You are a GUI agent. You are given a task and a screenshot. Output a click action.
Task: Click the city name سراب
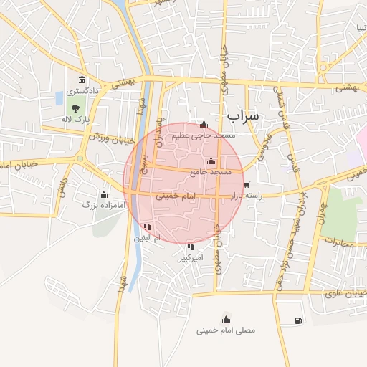[x=244, y=115]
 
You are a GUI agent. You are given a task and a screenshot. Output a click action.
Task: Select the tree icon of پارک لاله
[x=76, y=108]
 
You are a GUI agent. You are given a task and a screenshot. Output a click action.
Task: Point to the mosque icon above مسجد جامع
[x=211, y=161]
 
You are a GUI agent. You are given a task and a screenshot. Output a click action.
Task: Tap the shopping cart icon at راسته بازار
[x=247, y=185]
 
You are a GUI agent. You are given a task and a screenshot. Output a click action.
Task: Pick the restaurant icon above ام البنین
[x=147, y=227]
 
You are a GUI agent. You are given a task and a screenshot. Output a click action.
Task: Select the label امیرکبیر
[x=192, y=257]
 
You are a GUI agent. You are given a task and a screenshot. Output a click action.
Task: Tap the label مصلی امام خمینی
[x=226, y=330]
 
